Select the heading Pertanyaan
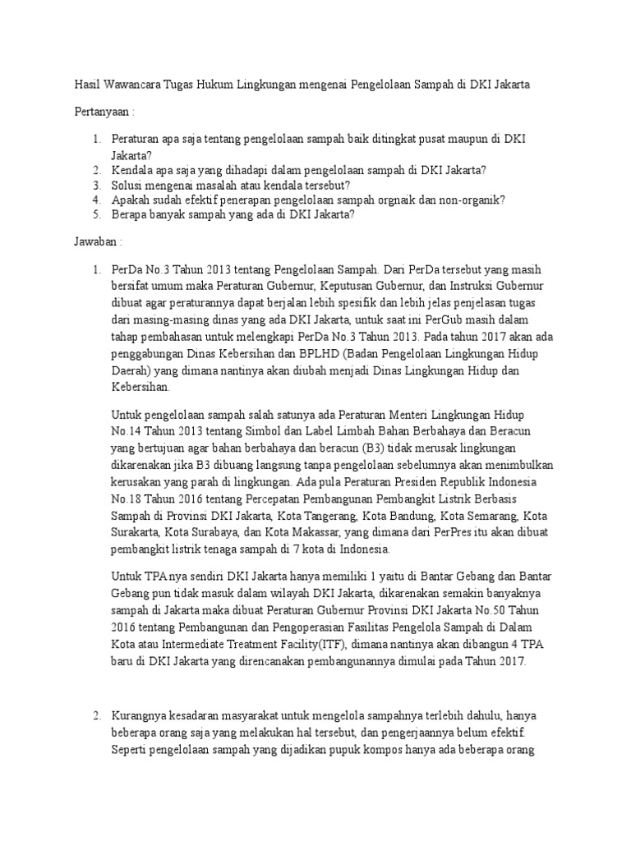(101, 112)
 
